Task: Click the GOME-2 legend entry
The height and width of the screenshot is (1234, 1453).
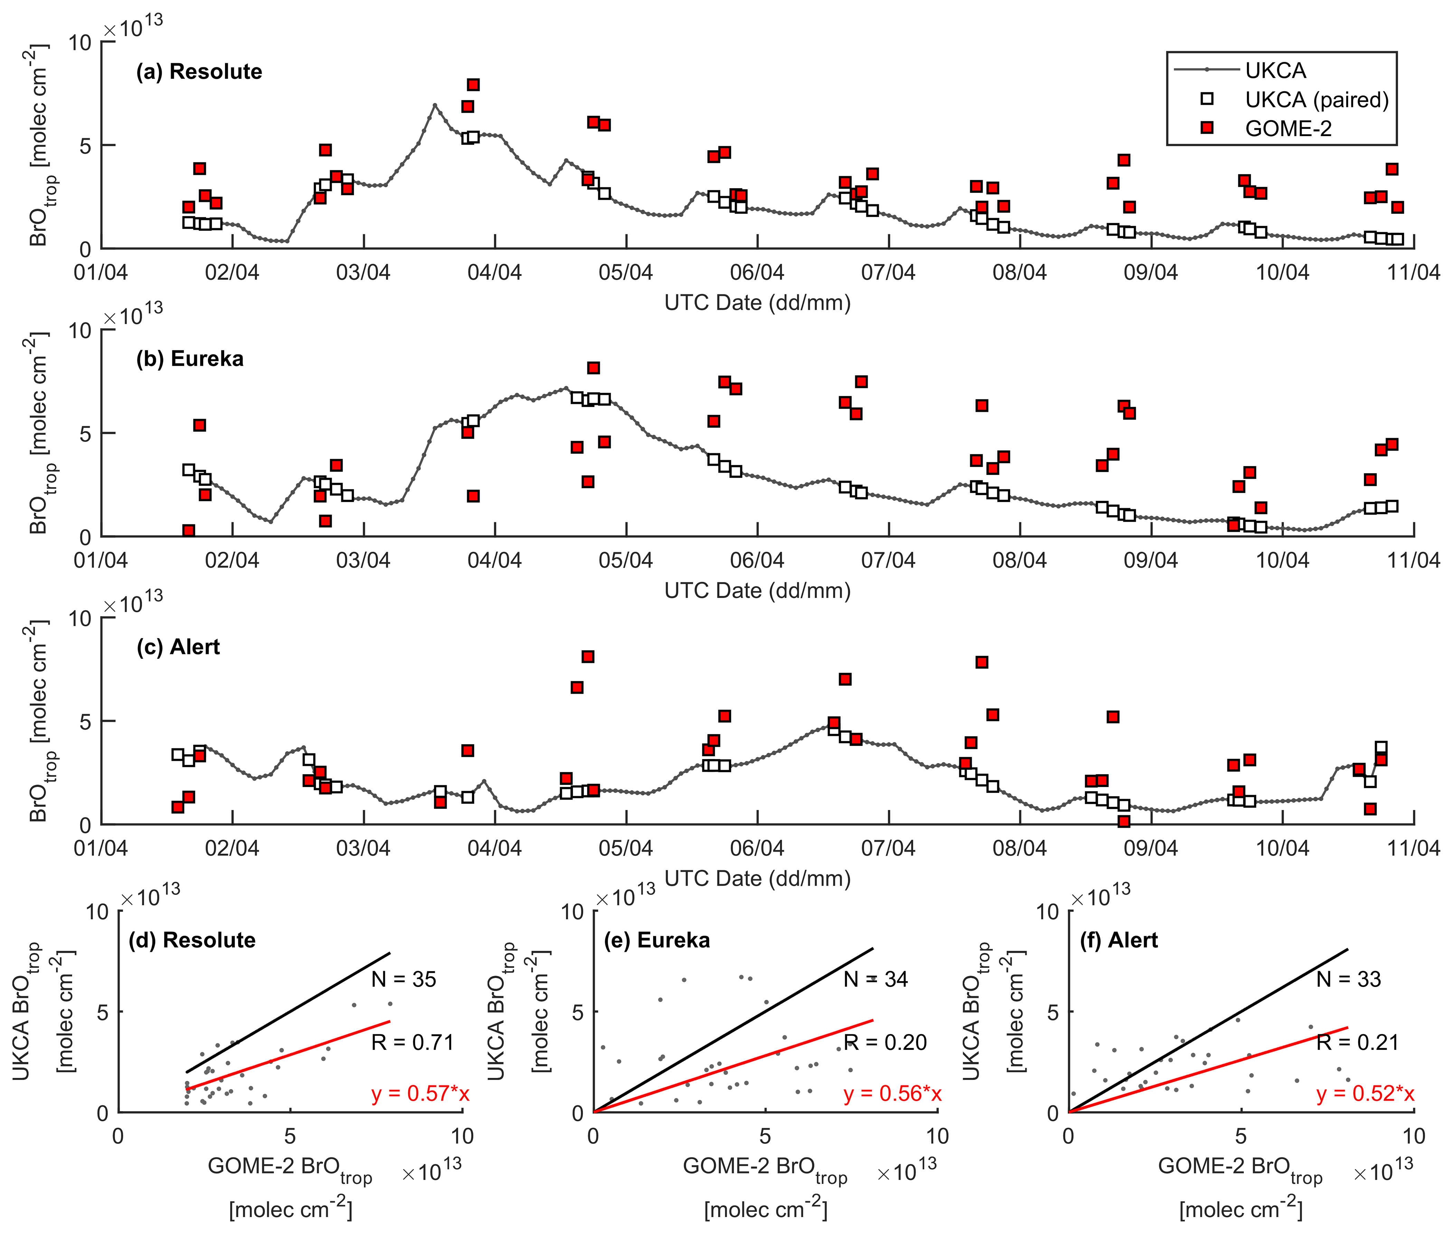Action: point(1287,129)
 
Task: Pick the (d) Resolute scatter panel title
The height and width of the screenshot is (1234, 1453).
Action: point(192,940)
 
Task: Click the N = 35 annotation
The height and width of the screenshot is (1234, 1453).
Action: point(404,979)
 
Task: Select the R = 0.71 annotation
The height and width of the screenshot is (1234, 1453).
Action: point(413,1042)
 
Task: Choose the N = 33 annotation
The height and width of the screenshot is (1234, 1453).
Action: point(1349,979)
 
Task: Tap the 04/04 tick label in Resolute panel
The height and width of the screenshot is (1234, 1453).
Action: point(494,272)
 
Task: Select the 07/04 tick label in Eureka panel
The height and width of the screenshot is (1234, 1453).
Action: point(888,560)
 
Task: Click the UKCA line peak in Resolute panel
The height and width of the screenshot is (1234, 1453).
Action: point(434,105)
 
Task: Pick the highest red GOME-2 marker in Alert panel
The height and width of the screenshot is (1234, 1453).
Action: point(588,656)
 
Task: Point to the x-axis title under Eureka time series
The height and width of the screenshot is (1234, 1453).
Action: point(758,591)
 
